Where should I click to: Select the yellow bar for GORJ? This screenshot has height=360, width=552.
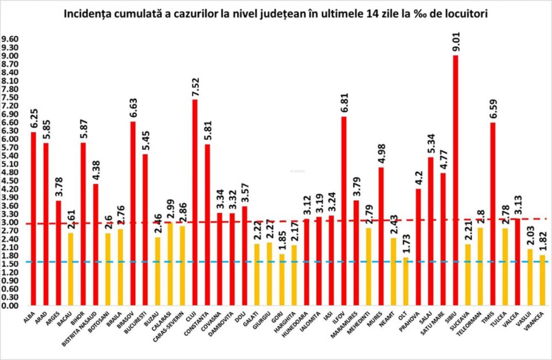point(282,279)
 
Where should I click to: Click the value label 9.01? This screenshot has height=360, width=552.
point(456,42)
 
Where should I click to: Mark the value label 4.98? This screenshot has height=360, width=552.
point(381,155)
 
